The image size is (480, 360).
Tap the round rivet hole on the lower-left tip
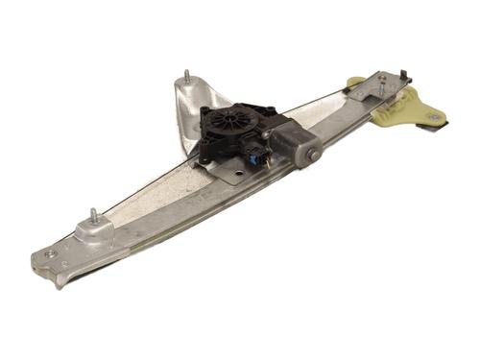click(50, 254)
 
